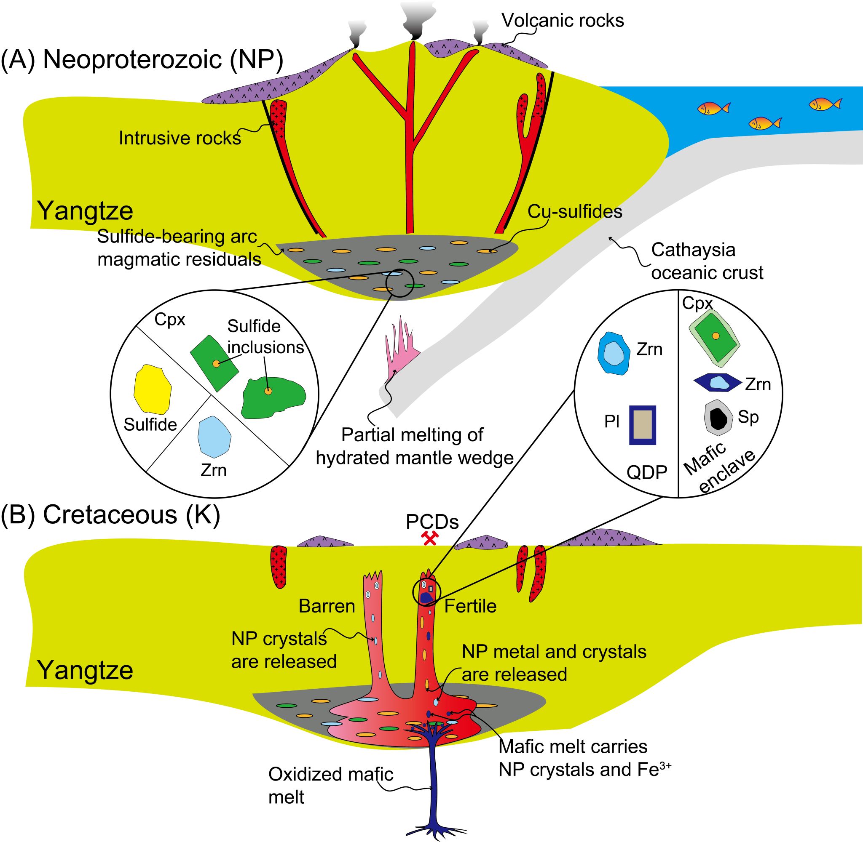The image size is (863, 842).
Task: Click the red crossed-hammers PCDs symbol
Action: tap(430, 538)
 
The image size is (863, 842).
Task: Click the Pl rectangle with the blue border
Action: tap(642, 425)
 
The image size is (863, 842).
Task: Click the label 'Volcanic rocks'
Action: tap(563, 20)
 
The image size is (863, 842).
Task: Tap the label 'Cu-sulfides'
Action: tap(574, 212)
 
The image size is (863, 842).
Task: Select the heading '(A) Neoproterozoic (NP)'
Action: tap(142, 60)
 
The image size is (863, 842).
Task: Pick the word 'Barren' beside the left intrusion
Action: tap(327, 606)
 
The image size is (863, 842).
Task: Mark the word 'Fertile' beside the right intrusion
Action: tap(470, 606)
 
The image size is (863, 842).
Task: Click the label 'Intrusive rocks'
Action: tap(180, 139)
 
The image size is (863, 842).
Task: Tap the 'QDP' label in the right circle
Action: tap(646, 472)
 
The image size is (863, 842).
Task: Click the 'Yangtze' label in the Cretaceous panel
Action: tap(85, 670)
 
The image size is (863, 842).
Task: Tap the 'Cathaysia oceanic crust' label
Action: tap(707, 261)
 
